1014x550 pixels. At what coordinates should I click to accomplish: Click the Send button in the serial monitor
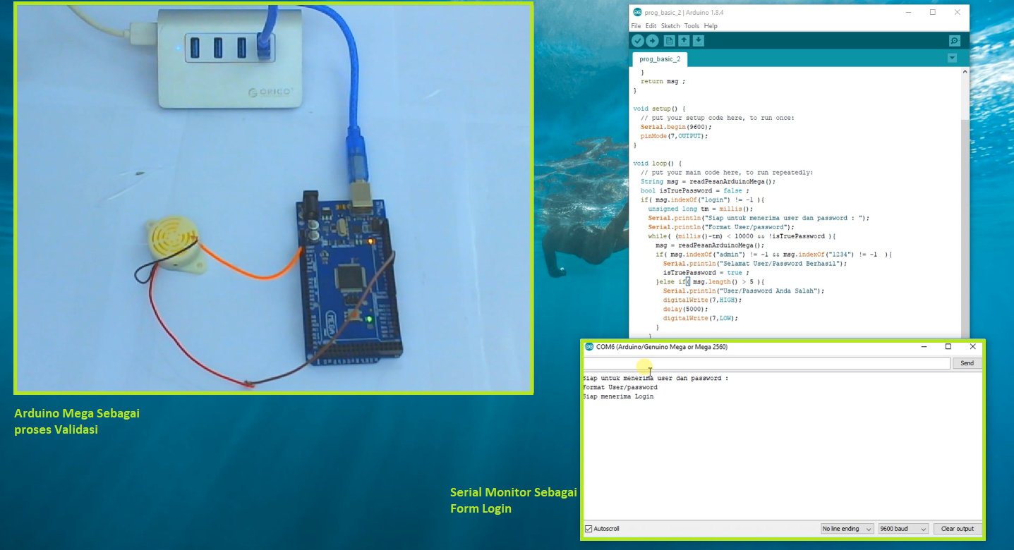(x=967, y=363)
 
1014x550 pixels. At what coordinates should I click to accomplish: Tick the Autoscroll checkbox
(x=589, y=529)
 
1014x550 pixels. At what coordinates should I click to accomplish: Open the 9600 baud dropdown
(x=903, y=529)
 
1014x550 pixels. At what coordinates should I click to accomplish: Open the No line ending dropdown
(x=847, y=529)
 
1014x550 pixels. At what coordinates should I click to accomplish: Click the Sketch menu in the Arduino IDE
(x=670, y=26)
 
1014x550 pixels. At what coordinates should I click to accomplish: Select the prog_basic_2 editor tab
(x=660, y=59)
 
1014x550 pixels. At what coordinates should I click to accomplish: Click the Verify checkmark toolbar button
(x=638, y=41)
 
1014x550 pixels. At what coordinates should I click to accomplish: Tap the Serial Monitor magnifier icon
(x=954, y=41)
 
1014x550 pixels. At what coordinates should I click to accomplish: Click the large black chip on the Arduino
(x=351, y=276)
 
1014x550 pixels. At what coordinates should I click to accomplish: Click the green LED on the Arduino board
(x=369, y=320)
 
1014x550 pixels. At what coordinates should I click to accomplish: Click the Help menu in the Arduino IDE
(x=711, y=26)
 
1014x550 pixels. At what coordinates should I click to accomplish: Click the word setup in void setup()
(x=660, y=109)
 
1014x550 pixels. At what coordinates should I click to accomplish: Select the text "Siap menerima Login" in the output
(x=618, y=396)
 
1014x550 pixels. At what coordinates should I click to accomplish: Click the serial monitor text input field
(x=766, y=363)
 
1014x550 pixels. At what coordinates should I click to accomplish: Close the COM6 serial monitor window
(x=972, y=347)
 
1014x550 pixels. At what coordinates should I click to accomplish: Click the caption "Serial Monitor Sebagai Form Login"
(x=513, y=500)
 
